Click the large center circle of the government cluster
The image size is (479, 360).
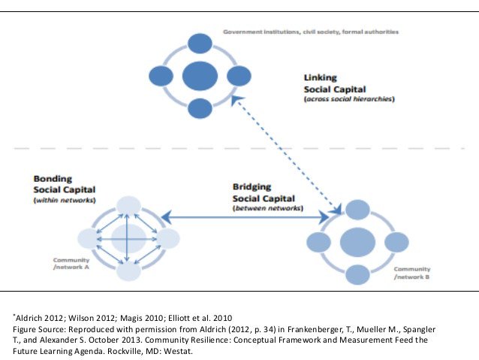200,75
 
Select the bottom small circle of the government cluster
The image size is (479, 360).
200,107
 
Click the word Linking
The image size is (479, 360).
319,77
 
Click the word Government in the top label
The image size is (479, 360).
246,32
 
